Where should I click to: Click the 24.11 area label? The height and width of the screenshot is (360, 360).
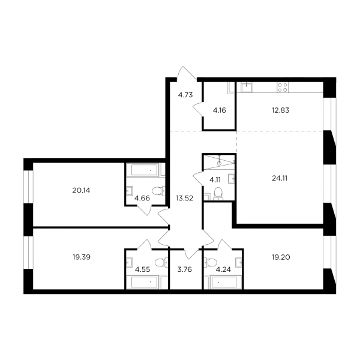(280, 178)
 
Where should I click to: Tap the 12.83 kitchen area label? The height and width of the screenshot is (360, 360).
(280, 110)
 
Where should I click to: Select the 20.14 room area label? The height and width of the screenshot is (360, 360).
(81, 190)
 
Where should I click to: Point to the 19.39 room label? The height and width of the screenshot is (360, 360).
(82, 257)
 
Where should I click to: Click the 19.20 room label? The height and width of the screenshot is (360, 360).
(281, 257)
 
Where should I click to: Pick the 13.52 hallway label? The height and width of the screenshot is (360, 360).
(184, 198)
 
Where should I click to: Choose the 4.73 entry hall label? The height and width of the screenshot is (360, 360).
(185, 95)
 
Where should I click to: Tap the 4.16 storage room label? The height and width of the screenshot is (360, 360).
(219, 110)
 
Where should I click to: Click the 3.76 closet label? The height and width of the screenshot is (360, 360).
(185, 269)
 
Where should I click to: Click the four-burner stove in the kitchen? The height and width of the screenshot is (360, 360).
(283, 88)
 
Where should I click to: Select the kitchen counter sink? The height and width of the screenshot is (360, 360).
(247, 88)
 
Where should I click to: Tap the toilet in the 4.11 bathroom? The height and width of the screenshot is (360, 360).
(218, 194)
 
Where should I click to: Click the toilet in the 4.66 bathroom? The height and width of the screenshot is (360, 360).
(158, 191)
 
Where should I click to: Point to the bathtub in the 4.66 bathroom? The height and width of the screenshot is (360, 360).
(142, 170)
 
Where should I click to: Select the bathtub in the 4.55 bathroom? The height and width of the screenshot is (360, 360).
(142, 282)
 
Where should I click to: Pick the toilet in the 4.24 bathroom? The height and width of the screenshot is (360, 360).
(210, 262)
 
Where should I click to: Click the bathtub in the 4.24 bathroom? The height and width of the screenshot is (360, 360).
(224, 282)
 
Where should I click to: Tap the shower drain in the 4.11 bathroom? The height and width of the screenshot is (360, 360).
(220, 163)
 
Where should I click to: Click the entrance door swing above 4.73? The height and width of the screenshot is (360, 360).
(187, 73)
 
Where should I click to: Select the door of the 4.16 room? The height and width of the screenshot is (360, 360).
(198, 109)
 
